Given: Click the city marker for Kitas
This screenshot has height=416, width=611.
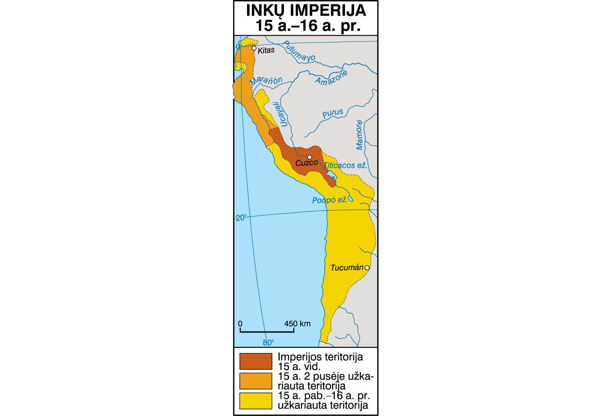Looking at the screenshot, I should click(254, 48).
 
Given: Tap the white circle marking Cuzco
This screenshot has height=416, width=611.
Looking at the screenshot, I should click(309, 157).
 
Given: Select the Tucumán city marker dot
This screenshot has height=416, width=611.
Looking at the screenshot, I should click(367, 268).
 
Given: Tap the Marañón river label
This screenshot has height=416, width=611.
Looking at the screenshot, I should click(266, 81).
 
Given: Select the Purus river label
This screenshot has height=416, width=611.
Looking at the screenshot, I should click(332, 114).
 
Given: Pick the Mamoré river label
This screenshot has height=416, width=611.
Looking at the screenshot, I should click(359, 135).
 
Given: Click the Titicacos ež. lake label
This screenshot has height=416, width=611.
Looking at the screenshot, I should click(345, 165).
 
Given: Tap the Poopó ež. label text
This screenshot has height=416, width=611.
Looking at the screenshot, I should click(329, 200).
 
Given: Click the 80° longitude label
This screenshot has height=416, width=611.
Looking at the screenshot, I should click(269, 342).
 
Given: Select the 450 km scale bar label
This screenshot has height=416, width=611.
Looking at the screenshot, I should click(297, 324).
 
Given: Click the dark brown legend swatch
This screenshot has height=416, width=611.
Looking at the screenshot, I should click(255, 361).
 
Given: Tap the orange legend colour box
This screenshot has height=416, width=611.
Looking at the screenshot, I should click(255, 381).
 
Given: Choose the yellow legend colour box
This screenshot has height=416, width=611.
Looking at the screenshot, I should click(255, 401).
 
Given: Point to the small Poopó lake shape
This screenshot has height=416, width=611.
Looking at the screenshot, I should click(350, 199).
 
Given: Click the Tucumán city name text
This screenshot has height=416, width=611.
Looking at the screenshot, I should click(347, 268).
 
